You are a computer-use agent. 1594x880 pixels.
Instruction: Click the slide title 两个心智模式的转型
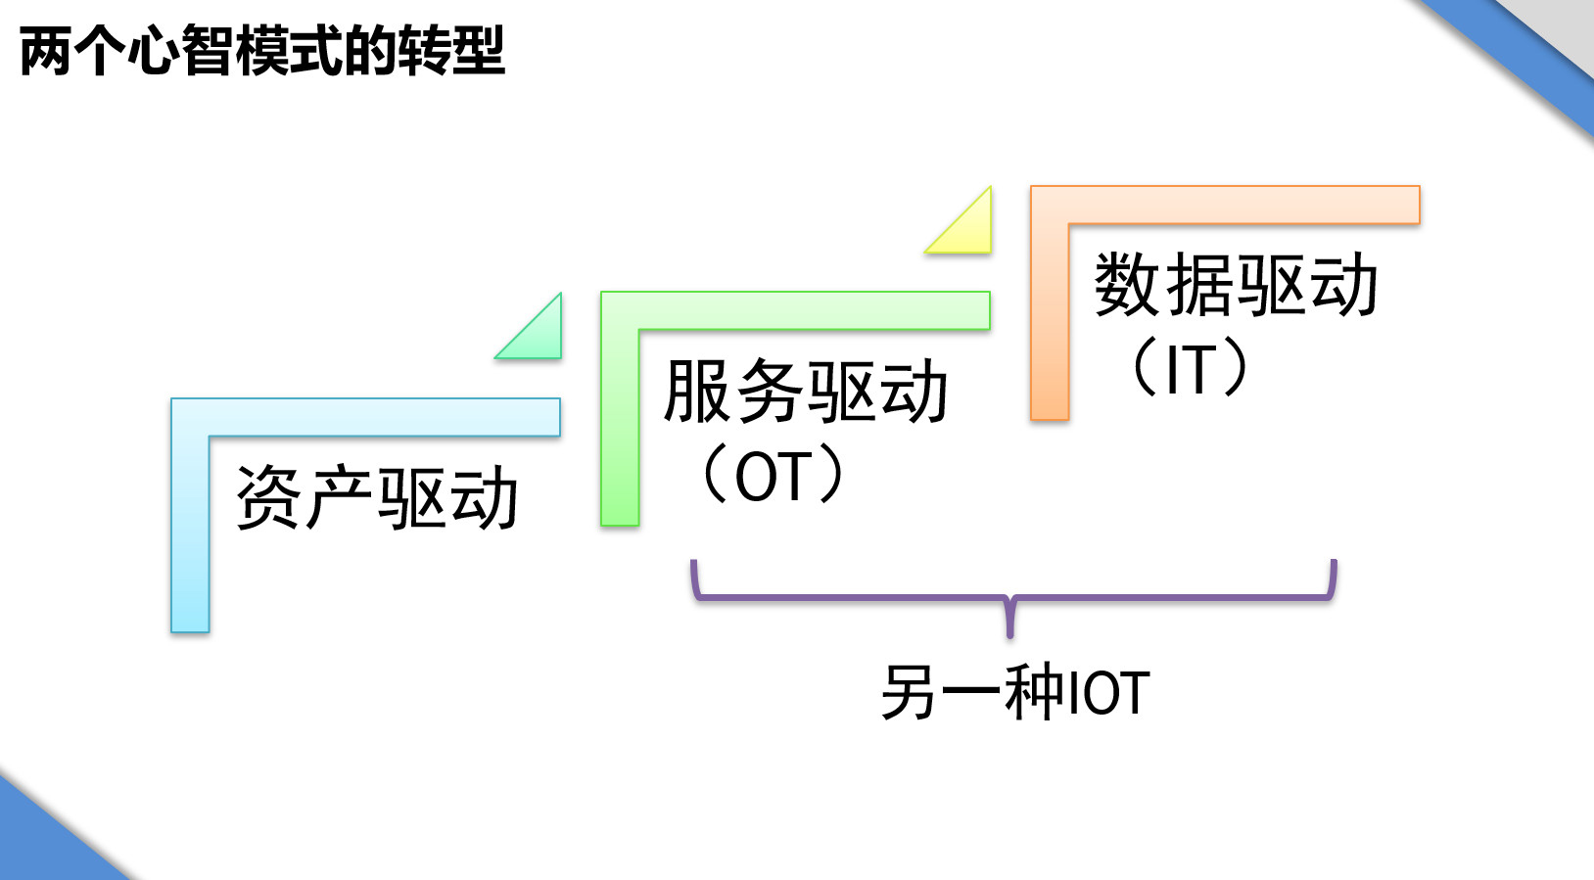click(x=261, y=51)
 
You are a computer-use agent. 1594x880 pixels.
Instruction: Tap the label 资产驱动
click(x=377, y=498)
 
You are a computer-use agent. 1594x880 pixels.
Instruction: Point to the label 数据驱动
click(x=1236, y=285)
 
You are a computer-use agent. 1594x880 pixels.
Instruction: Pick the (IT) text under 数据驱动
click(x=1191, y=369)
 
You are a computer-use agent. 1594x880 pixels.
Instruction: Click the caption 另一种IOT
click(x=1014, y=692)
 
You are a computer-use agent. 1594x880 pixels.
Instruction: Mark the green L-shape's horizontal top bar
click(x=813, y=310)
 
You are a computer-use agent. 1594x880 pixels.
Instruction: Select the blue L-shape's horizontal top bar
click(x=382, y=417)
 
